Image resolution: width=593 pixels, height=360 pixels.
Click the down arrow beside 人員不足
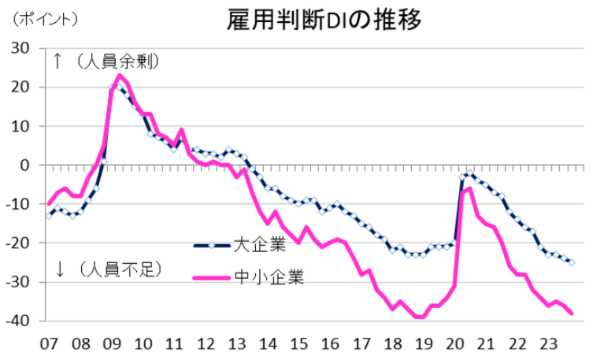tap(60, 269)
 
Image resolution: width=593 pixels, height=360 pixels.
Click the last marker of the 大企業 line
tap(572, 263)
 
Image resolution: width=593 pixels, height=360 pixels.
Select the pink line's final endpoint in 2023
tap(572, 314)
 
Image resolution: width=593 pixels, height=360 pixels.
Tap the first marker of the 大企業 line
tap(49, 216)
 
